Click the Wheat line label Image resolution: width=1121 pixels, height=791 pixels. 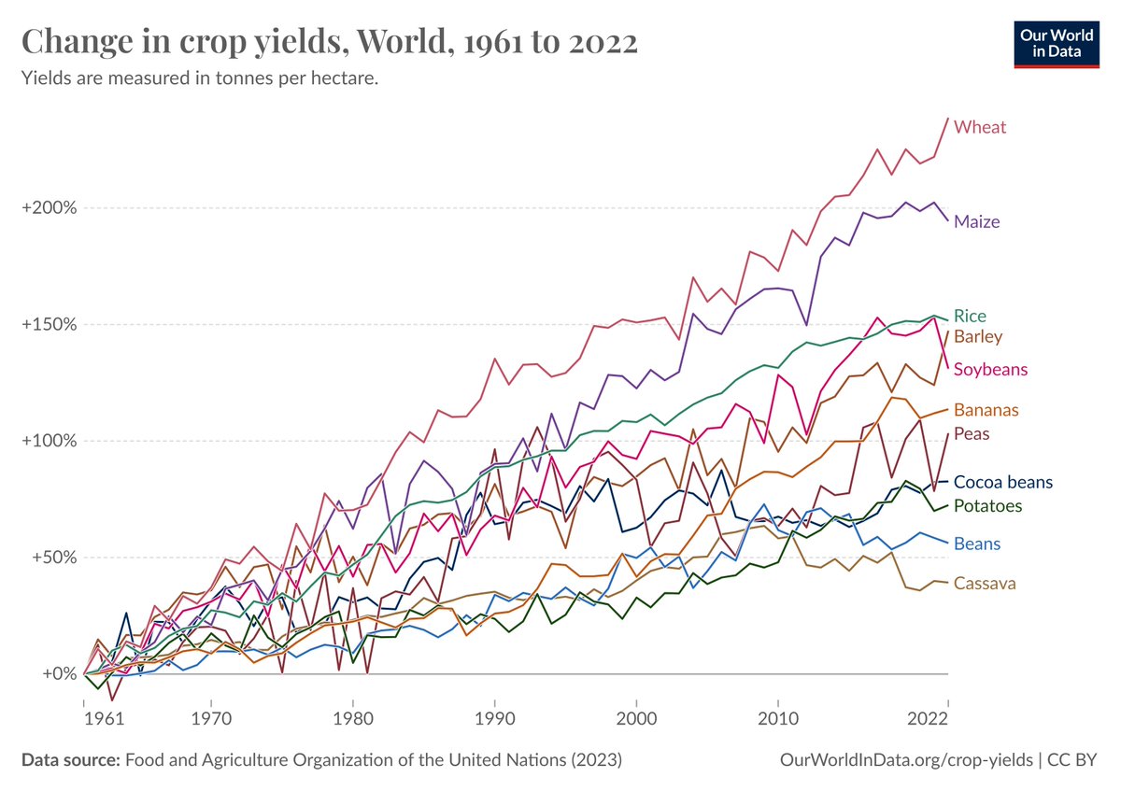pos(979,127)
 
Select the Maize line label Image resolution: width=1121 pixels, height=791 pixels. pos(976,222)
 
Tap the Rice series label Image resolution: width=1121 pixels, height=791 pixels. pos(970,316)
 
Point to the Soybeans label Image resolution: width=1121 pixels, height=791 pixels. pos(990,369)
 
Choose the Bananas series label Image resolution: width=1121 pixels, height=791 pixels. pos(986,410)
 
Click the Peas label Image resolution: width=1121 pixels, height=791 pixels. pos(972,434)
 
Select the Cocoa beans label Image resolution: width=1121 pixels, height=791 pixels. pos(1002,483)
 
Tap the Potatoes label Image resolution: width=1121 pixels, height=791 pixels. pos(986,506)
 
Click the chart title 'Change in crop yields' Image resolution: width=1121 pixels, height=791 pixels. pos(329,43)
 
